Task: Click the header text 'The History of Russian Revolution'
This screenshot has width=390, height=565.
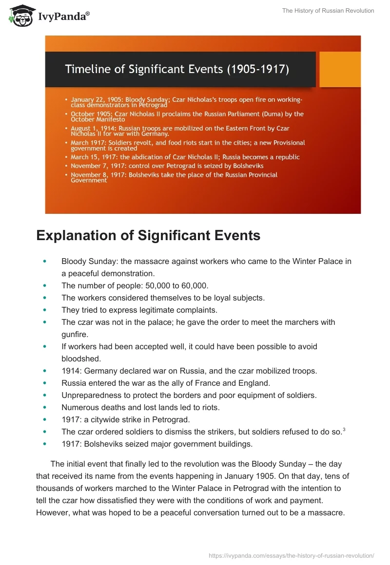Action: [328, 11]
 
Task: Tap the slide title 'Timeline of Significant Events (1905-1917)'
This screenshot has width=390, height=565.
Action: [177, 69]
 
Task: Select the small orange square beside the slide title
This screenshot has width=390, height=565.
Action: [340, 69]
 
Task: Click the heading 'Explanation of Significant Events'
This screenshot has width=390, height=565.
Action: [148, 236]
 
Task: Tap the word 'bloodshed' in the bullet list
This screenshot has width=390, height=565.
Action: [81, 358]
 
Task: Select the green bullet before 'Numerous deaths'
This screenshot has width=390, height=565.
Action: [45, 407]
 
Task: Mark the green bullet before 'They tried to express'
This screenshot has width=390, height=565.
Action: [45, 310]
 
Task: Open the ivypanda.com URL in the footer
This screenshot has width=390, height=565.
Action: [292, 555]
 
